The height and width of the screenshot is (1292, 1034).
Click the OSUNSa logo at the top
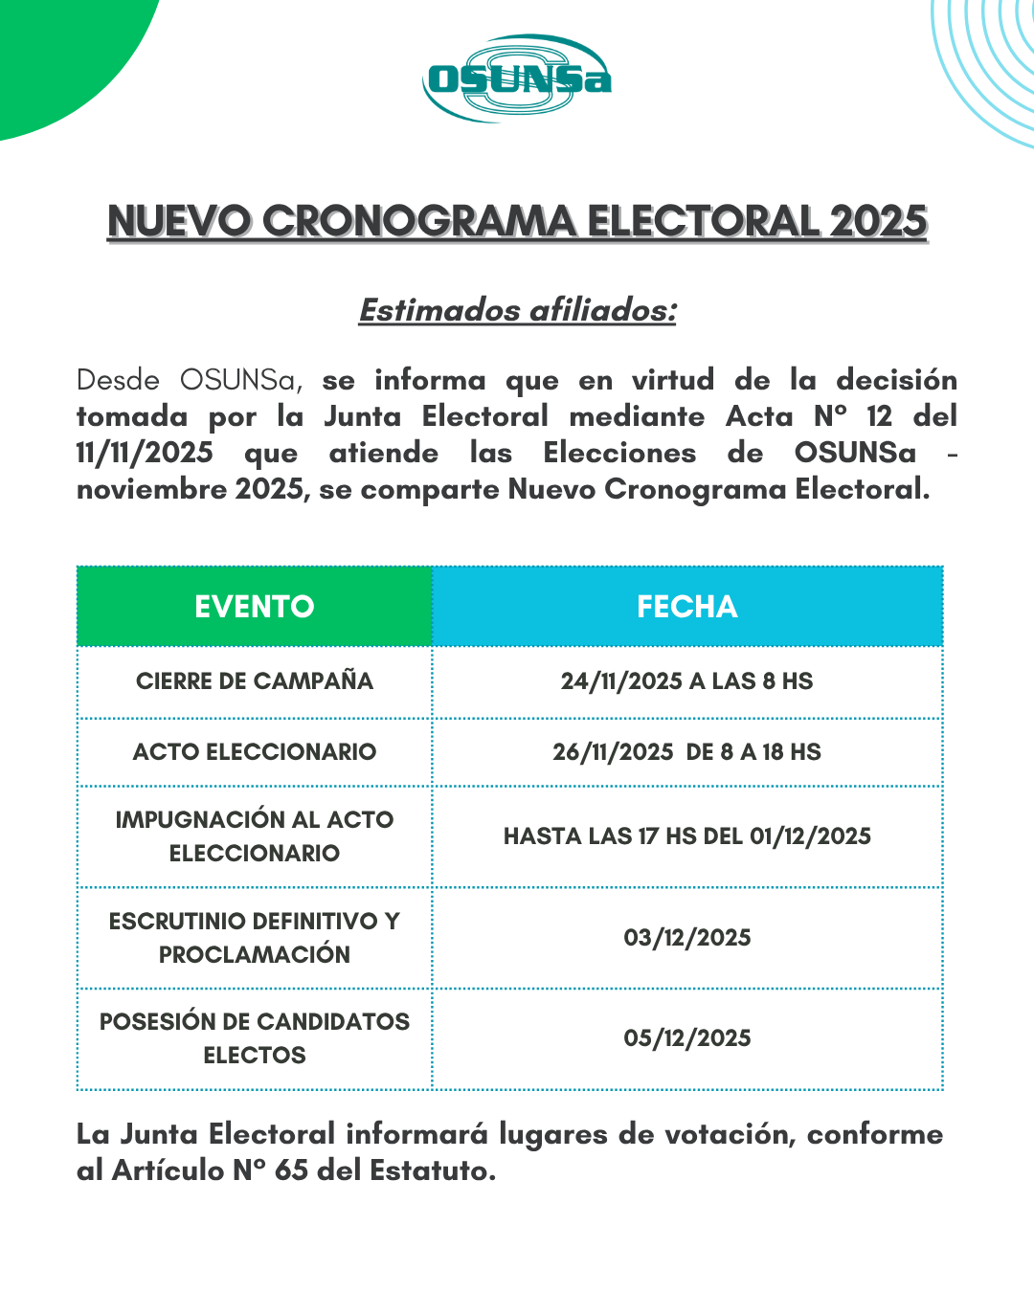point(517,78)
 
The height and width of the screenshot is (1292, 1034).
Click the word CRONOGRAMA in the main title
point(419,221)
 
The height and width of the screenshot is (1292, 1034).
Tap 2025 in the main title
point(879,221)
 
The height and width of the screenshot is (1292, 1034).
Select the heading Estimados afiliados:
point(517,310)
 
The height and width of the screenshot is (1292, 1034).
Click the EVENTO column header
point(255,607)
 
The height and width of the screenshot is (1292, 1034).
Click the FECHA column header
point(687,607)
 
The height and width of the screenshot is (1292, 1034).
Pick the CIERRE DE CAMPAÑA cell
point(255,681)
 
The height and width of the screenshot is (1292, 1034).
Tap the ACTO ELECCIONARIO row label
point(255,752)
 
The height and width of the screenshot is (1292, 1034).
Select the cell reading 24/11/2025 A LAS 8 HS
point(687,681)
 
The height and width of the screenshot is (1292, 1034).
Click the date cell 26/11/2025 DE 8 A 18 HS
point(687,752)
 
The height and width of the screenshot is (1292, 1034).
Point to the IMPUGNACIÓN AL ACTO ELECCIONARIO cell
point(255,836)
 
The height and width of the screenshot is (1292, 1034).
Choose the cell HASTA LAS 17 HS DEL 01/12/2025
point(687,836)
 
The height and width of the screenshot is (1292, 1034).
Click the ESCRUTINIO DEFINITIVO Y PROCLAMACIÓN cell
point(255,938)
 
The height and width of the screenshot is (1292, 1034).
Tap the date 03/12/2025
point(687,938)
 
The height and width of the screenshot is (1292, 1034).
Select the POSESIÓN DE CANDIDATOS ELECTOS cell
point(255,1038)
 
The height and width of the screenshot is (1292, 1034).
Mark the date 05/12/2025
point(687,1038)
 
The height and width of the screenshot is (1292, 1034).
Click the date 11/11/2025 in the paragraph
point(145,453)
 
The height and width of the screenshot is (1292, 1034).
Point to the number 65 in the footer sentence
point(291,1170)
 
